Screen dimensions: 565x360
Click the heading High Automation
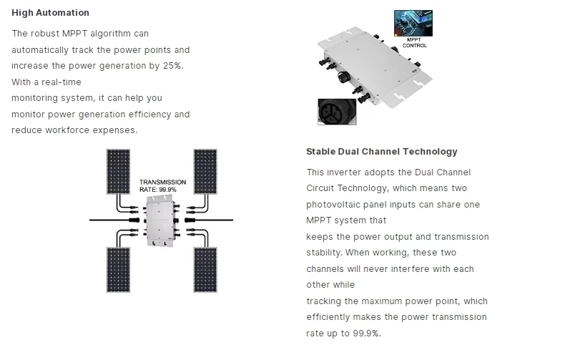click(x=50, y=13)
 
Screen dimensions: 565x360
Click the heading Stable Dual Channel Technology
click(x=381, y=152)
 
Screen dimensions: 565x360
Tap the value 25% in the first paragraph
click(x=172, y=66)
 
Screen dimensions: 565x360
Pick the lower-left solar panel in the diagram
click(x=119, y=271)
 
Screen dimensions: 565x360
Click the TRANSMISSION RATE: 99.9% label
click(x=162, y=186)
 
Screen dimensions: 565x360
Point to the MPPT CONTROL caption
click(x=415, y=42)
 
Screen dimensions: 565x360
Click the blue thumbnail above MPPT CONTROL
click(x=414, y=23)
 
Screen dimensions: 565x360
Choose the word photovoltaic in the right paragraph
click(x=333, y=205)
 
